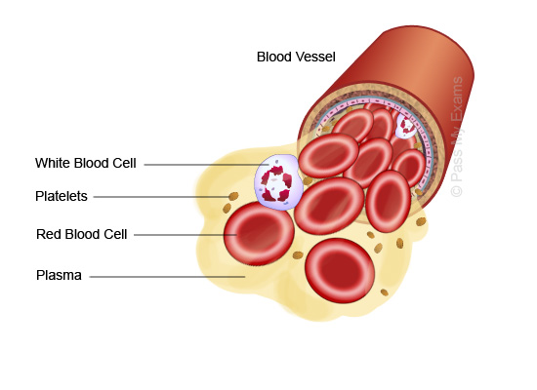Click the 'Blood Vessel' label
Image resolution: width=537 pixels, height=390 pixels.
pyautogui.click(x=296, y=57)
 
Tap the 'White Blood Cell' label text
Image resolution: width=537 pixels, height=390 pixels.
pyautogui.click(x=86, y=163)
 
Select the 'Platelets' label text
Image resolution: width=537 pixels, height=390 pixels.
pyautogui.click(x=62, y=196)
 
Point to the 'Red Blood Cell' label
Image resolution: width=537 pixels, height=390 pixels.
pyautogui.click(x=81, y=234)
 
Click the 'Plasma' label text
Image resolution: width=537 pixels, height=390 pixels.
pyautogui.click(x=59, y=275)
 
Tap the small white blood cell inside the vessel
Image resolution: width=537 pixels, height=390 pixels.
pyautogui.click(x=406, y=126)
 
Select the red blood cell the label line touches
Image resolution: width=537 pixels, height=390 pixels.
pyautogui.click(x=259, y=234)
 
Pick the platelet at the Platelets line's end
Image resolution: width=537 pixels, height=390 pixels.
pyautogui.click(x=233, y=196)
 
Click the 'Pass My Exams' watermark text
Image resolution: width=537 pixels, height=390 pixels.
pyautogui.click(x=457, y=136)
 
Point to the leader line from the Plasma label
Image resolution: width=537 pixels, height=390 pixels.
pyautogui.click(x=168, y=277)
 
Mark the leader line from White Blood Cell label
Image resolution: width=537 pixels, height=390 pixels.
pyautogui.click(x=206, y=165)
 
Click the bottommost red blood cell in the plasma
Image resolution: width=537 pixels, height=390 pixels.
pyautogui.click(x=340, y=270)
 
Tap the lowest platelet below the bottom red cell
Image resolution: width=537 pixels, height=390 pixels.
pyautogui.click(x=385, y=292)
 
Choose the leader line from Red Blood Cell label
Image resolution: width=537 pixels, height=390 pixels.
pyautogui.click(x=186, y=235)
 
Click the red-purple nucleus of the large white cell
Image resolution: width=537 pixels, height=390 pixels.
pyautogui.click(x=276, y=183)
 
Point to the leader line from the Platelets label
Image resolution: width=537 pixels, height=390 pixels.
pyautogui.click(x=161, y=197)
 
